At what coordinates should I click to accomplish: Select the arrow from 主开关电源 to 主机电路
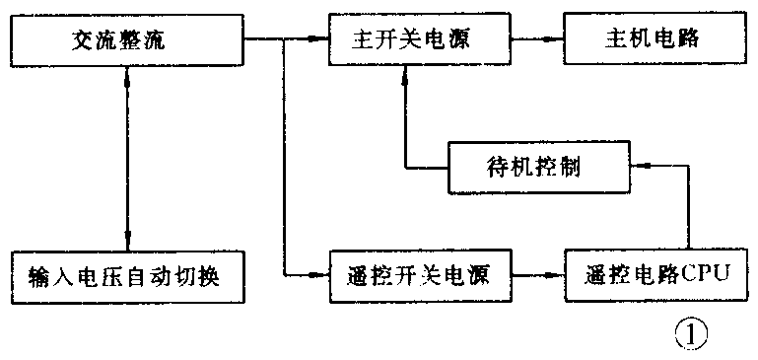(x=542, y=39)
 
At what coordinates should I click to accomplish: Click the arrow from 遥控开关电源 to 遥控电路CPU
(x=542, y=274)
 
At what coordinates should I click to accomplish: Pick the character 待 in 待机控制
(x=497, y=165)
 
